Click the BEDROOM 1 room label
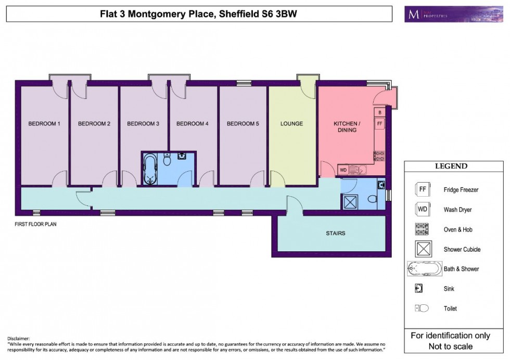point(44,124)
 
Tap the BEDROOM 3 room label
point(143,124)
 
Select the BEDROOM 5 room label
point(243,124)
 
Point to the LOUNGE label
point(291,124)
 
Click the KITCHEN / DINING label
point(347,127)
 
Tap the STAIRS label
point(335,233)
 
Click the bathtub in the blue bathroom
point(151,169)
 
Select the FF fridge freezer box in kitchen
point(380,124)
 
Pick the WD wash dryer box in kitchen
point(343,170)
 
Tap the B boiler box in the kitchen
point(380,112)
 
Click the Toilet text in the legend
point(450,308)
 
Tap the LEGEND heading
point(451,166)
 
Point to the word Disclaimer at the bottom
point(19,339)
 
